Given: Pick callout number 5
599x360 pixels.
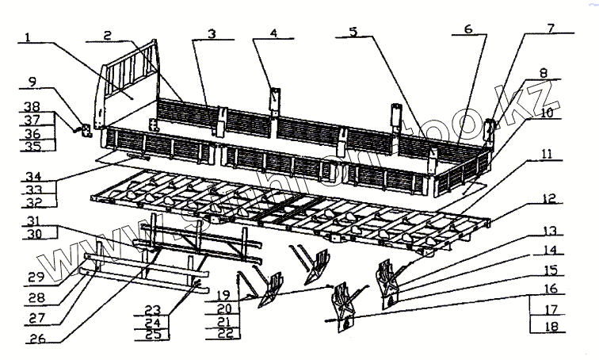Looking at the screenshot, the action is [354, 33].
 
